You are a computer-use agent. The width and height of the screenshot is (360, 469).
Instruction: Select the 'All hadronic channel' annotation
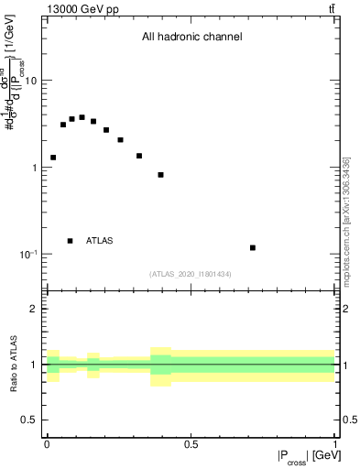click(191, 38)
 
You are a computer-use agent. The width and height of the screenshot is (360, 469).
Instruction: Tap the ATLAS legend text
click(100, 241)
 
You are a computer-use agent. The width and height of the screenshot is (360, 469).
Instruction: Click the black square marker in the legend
click(70, 241)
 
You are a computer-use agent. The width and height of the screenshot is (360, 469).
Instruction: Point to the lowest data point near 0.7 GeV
click(253, 247)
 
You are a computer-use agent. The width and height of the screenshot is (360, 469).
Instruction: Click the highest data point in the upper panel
click(82, 117)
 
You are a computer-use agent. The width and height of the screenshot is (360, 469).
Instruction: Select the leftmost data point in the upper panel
click(53, 158)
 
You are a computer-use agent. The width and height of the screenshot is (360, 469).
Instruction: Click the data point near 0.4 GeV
click(161, 174)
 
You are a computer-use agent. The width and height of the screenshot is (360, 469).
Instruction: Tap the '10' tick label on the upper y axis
click(30, 81)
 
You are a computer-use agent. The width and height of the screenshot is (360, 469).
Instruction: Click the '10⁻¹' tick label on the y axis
click(27, 254)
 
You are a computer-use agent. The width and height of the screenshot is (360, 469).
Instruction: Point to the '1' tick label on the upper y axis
click(33, 168)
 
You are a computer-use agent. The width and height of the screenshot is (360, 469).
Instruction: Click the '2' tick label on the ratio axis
click(33, 310)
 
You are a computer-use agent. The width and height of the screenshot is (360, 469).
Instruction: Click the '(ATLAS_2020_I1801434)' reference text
click(191, 274)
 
